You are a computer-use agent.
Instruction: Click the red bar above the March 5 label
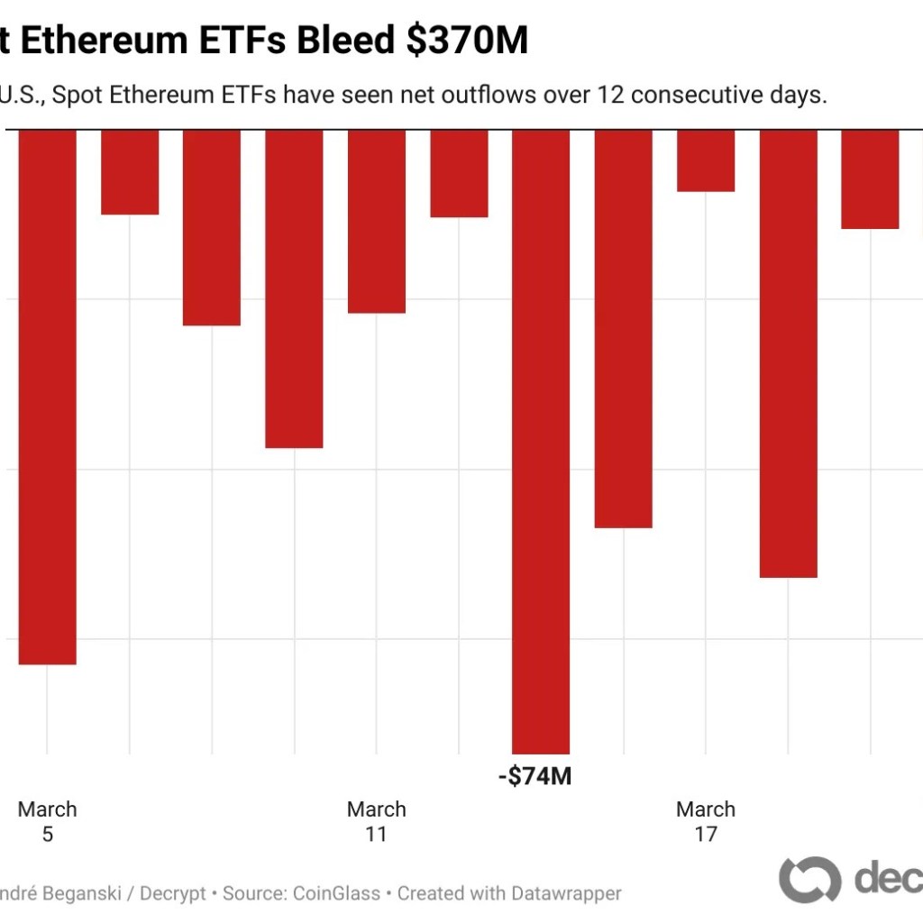click(47, 397)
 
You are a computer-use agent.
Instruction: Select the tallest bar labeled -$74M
click(541, 442)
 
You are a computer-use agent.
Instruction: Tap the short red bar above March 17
click(706, 160)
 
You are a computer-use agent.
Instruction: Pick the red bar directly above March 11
click(377, 222)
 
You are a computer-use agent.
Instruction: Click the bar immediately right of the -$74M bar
click(623, 329)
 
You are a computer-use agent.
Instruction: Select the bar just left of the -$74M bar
click(459, 173)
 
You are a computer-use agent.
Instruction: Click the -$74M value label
click(535, 776)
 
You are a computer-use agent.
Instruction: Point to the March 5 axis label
click(47, 821)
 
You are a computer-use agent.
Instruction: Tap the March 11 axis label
click(377, 821)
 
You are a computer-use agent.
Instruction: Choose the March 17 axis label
click(706, 821)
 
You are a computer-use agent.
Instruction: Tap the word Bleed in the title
click(351, 41)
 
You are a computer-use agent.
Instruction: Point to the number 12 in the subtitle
click(608, 95)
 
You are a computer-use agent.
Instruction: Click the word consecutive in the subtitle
click(701, 95)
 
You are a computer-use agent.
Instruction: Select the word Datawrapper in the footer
click(566, 893)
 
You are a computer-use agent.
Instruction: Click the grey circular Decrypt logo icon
click(809, 879)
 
